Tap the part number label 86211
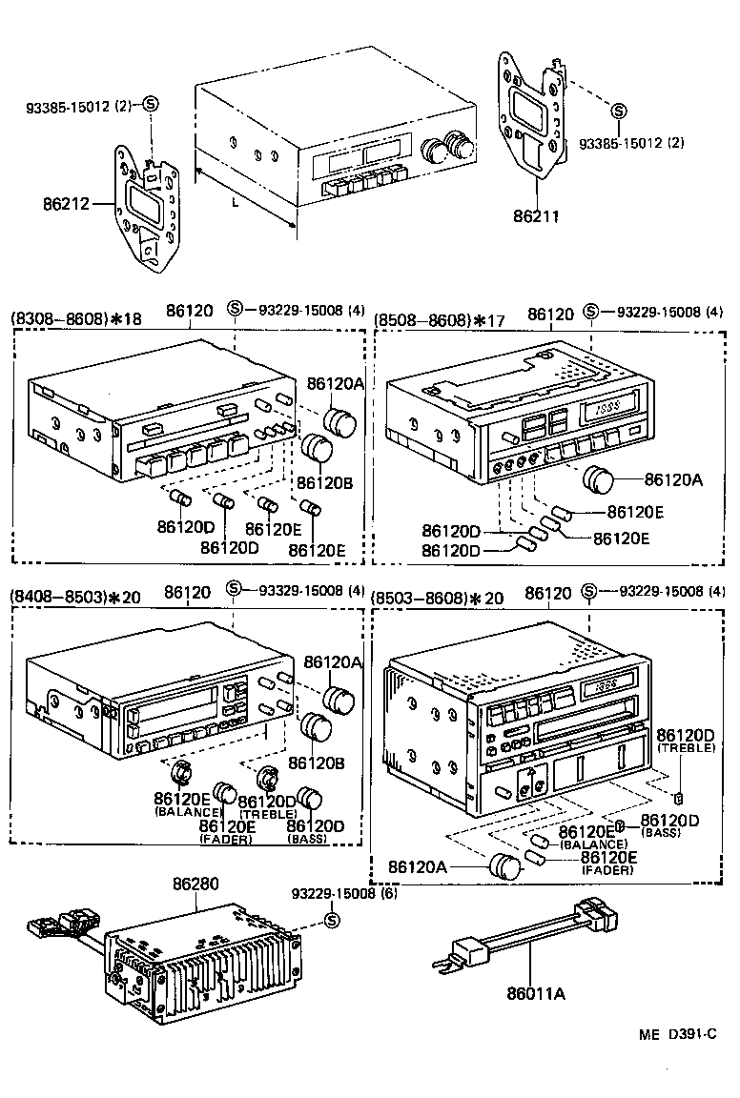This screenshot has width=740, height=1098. pos(537,216)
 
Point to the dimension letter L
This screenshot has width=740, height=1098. pos(234,203)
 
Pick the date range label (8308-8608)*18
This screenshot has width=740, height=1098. pos(76,319)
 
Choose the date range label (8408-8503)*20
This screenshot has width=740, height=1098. pos(76,597)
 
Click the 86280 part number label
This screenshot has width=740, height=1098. pos(195,884)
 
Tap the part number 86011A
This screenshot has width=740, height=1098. pos(535,994)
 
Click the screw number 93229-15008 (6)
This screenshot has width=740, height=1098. pos(344,893)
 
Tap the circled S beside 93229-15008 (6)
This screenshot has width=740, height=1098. pos(332,920)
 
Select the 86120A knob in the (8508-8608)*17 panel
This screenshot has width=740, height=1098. pos(599,479)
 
